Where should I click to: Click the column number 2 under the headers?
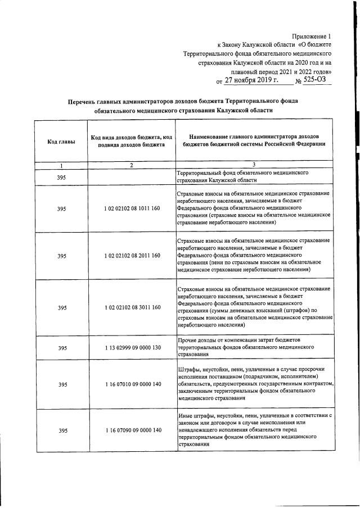pos(131,165)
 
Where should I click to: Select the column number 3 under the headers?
pos(254,165)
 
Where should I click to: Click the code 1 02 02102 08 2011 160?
pos(132,256)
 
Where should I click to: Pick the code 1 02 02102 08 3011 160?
pos(132,307)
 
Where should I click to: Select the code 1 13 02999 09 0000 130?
pos(132,348)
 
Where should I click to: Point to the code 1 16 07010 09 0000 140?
pos(132,384)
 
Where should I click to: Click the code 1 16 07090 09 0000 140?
pos(132,430)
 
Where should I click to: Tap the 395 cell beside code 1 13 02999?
pos(62,348)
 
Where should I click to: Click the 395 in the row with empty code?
pos(62,178)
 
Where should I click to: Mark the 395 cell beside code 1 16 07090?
pos(62,430)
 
